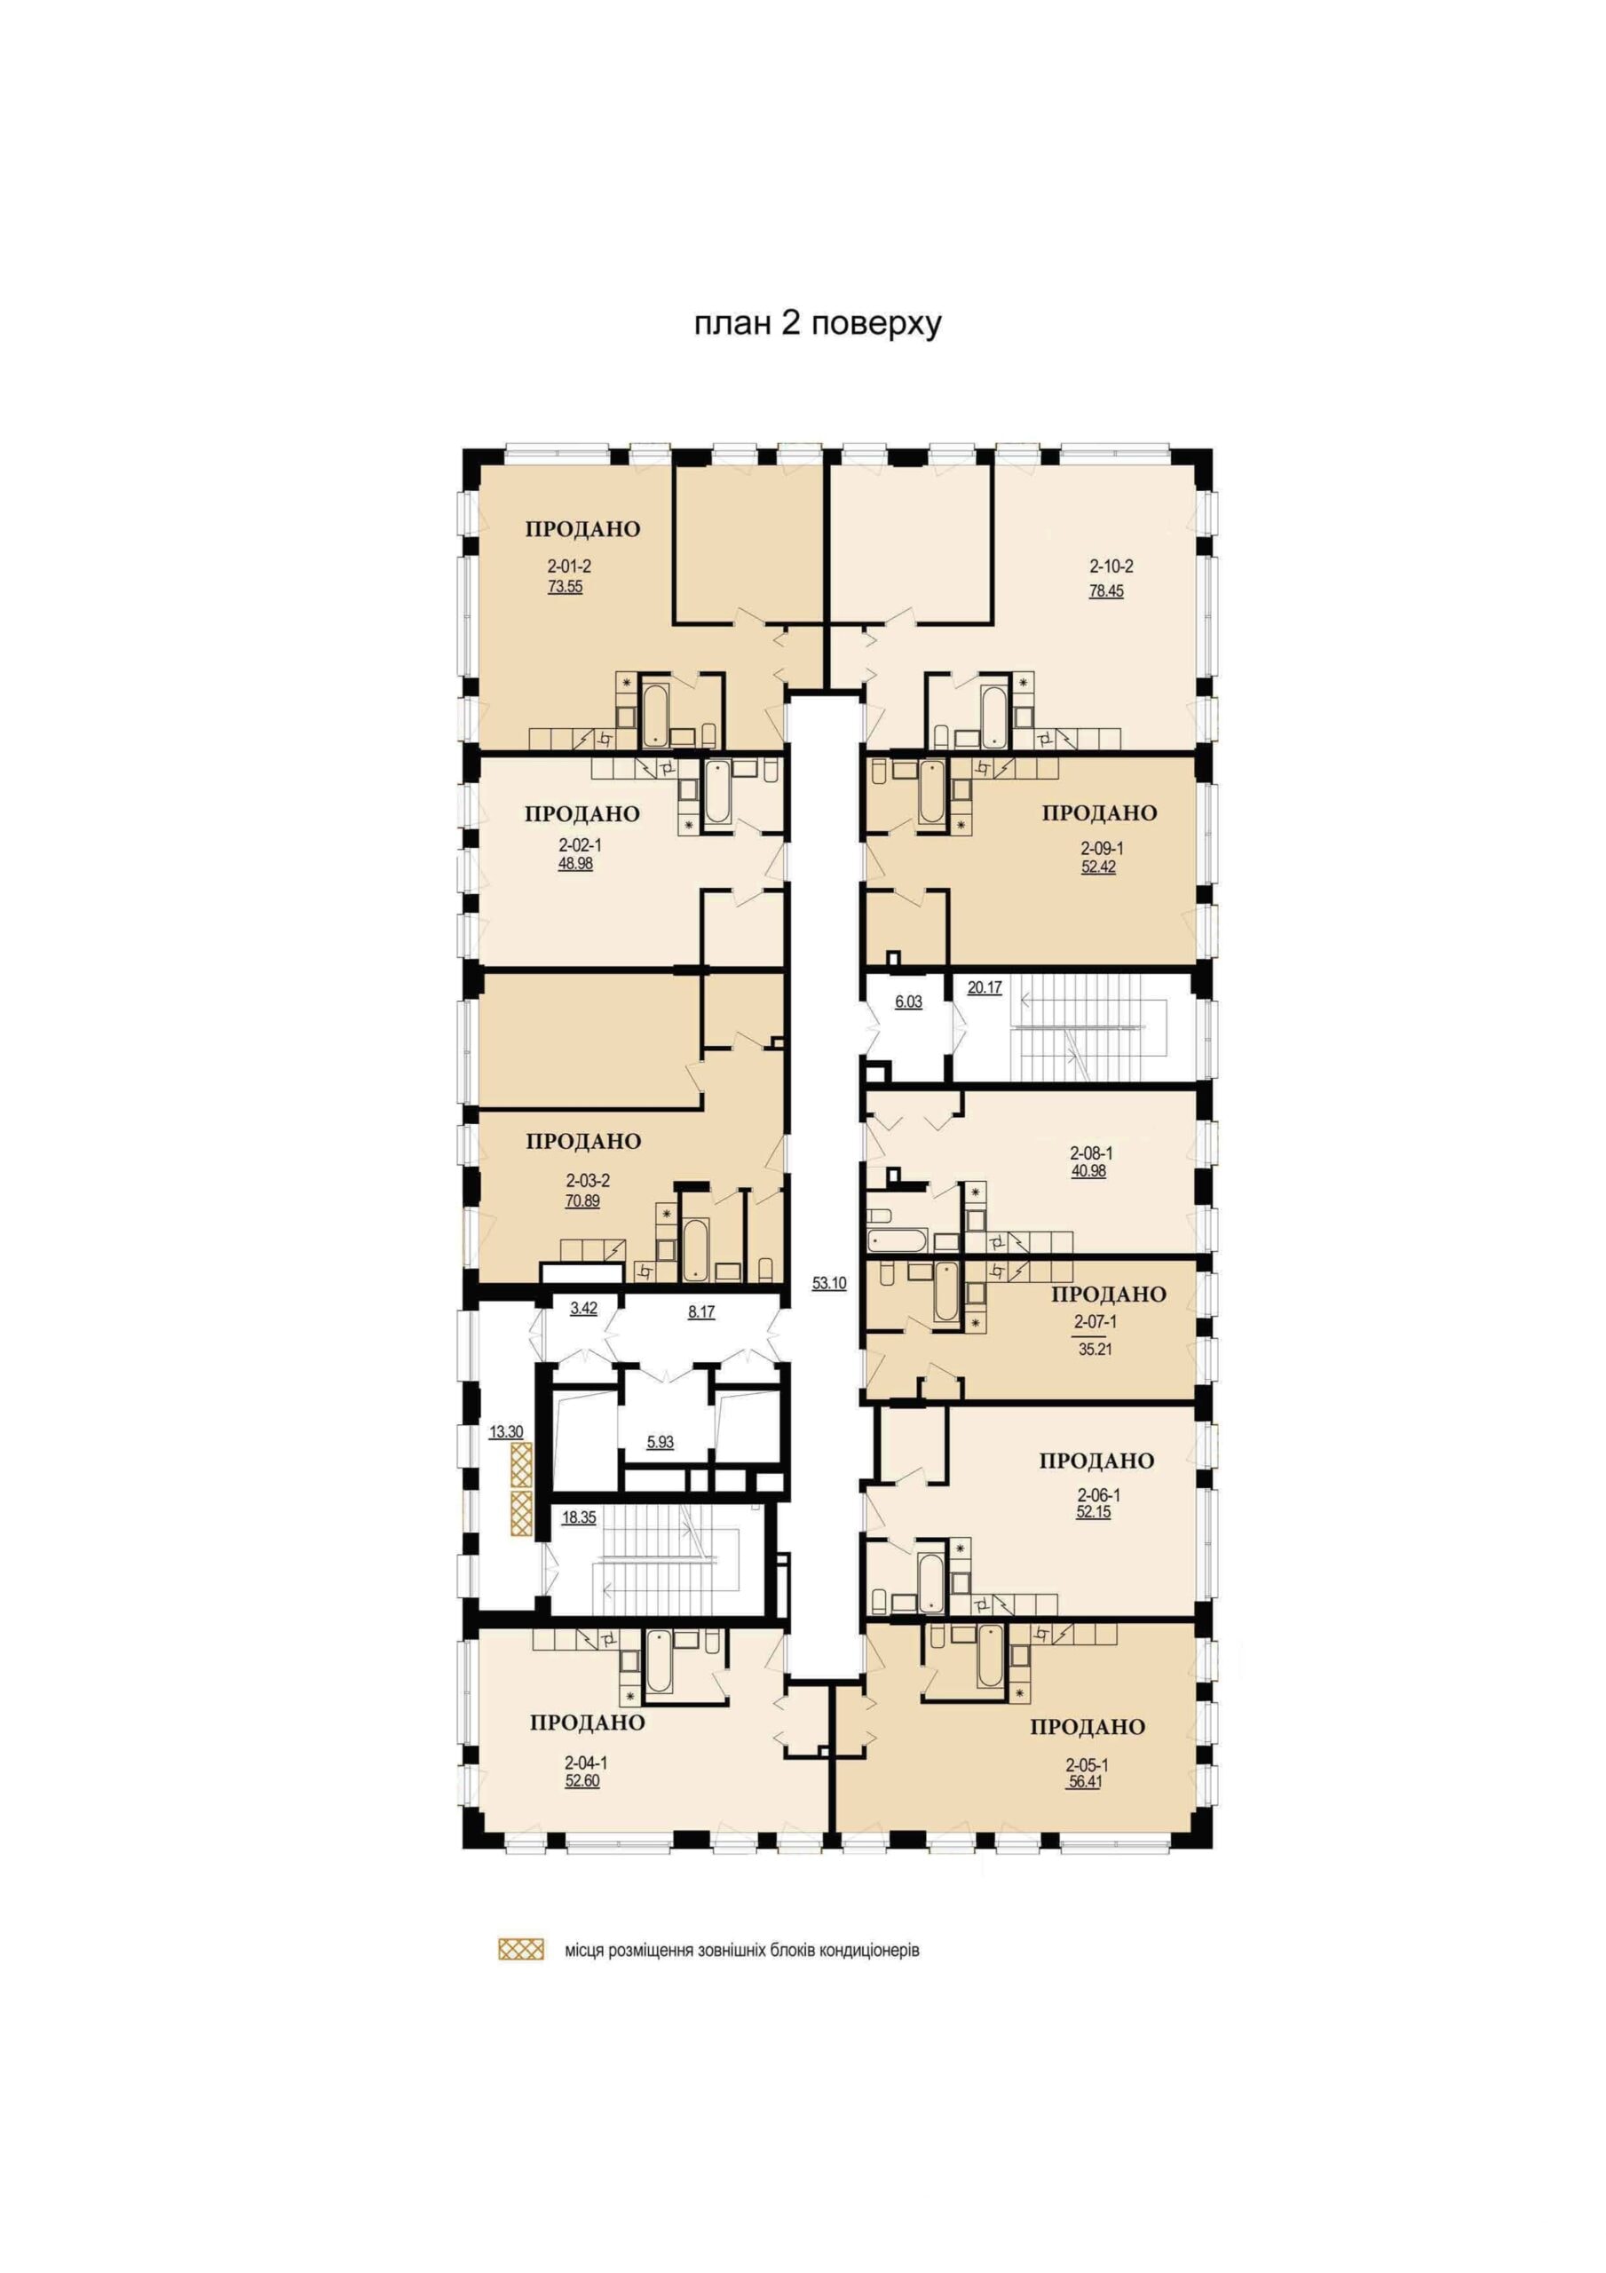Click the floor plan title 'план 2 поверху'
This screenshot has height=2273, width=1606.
(817, 325)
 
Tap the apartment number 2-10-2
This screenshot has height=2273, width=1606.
(1111, 567)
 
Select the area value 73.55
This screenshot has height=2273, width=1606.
(566, 586)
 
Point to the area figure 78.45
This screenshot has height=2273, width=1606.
(1106, 592)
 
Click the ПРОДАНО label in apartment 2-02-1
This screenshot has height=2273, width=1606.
(582, 814)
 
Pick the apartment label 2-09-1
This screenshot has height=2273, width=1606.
(1102, 849)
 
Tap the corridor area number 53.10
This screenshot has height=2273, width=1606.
(828, 1284)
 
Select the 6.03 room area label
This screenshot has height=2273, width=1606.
(908, 1002)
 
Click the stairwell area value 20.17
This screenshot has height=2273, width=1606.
(985, 987)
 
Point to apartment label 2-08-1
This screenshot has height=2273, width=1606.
(1091, 1153)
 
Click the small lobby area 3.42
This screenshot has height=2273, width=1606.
(583, 1308)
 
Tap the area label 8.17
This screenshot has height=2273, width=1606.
(701, 1312)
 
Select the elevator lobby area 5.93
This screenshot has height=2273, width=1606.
(661, 1443)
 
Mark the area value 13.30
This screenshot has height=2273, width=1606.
(506, 1431)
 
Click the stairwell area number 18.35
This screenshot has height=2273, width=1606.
(579, 1517)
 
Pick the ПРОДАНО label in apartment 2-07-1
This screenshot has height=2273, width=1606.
(1108, 1295)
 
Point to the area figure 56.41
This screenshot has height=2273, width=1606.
(1084, 1782)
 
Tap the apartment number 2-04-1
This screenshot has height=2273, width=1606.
(586, 1763)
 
